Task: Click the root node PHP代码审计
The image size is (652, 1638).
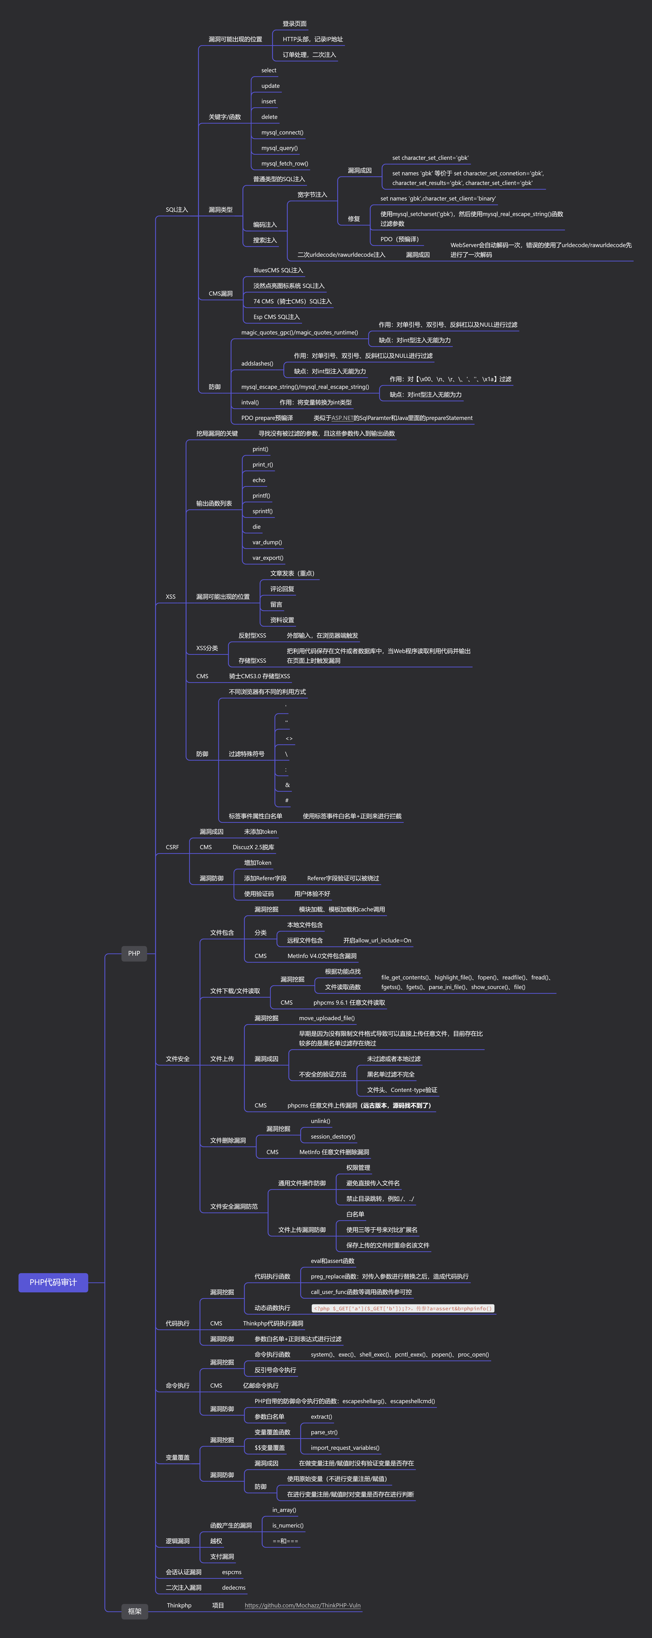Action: [53, 1283]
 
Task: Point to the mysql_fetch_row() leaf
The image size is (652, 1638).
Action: [284, 163]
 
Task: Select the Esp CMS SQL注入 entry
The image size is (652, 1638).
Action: [276, 317]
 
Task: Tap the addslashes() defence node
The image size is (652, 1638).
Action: [257, 364]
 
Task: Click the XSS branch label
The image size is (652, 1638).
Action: [170, 597]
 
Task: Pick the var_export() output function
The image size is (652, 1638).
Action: [268, 558]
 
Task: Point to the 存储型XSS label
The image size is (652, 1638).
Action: [252, 661]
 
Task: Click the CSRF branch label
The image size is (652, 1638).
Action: [172, 847]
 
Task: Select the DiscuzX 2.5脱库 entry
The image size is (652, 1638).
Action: [253, 847]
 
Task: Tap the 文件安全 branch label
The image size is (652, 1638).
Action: [177, 1059]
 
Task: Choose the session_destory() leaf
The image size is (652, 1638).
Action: [333, 1136]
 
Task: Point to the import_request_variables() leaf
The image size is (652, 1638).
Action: [345, 1448]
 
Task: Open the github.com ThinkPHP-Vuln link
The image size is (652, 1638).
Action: [302, 1606]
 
